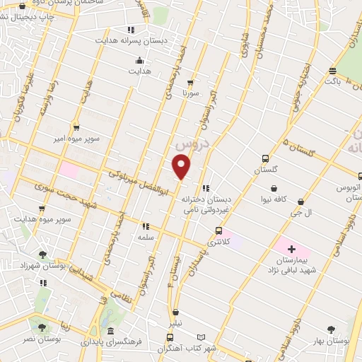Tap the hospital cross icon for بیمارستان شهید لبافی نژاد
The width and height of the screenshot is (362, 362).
(x=291, y=249)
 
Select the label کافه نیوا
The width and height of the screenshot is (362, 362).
(x=271, y=199)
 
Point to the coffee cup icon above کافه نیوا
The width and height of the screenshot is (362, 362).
(x=271, y=188)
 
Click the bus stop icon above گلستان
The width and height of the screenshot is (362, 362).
(x=265, y=159)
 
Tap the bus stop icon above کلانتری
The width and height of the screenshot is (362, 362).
(x=218, y=230)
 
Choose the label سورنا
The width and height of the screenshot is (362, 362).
(x=192, y=92)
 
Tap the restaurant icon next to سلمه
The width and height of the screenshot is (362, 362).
(x=146, y=227)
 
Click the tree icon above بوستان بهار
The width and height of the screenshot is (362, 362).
(x=331, y=329)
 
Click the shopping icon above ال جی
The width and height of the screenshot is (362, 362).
(x=301, y=202)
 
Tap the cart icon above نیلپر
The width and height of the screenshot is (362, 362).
(x=175, y=312)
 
